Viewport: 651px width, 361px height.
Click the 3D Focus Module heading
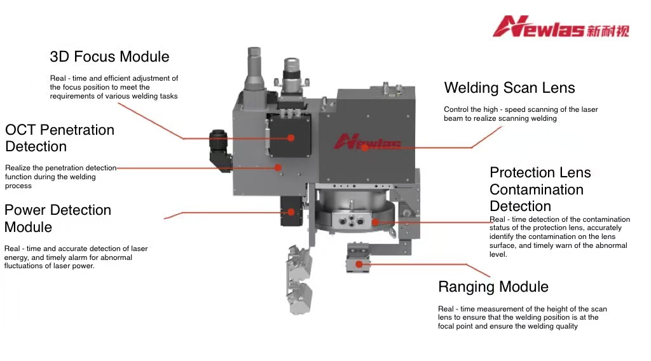pyautogui.click(x=109, y=57)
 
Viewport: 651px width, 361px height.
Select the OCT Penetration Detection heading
pyautogui.click(x=60, y=138)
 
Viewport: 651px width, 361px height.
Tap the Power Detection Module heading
pyautogui.click(x=57, y=218)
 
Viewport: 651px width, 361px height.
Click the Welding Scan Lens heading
pyautogui.click(x=509, y=88)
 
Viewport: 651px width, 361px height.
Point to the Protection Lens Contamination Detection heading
pyautogui.click(x=540, y=189)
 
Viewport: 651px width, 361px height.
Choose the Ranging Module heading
pyautogui.click(x=493, y=287)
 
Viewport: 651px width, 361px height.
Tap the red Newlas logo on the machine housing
pyautogui.click(x=367, y=141)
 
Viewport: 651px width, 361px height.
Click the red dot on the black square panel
pyautogui.click(x=291, y=137)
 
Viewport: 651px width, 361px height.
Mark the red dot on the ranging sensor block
pyautogui.click(x=359, y=264)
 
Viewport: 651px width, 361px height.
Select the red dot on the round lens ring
pyautogui.click(x=375, y=222)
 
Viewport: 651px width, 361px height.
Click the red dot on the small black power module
pyautogui.click(x=291, y=212)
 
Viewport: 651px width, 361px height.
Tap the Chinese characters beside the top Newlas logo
pyautogui.click(x=607, y=29)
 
